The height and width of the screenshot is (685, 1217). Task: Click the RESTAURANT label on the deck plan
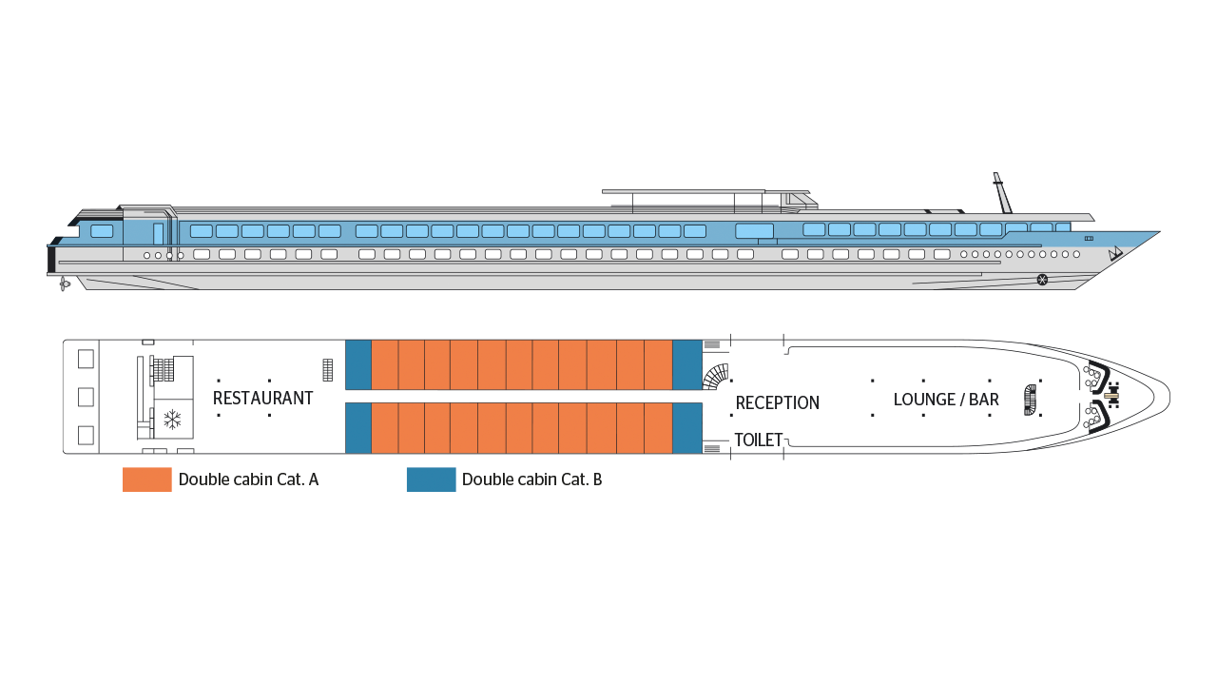click(263, 399)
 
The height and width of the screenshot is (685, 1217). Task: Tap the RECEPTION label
click(778, 402)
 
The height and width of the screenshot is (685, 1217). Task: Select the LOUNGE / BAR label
click(946, 400)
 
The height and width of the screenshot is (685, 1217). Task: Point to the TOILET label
click(759, 440)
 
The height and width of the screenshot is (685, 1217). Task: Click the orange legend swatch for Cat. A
click(147, 479)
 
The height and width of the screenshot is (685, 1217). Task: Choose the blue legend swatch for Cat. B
click(432, 479)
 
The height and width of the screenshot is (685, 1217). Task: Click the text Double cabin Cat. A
click(248, 479)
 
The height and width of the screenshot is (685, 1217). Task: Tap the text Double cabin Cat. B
click(531, 479)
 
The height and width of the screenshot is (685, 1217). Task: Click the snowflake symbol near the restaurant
click(172, 420)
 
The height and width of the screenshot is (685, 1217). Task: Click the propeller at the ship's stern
click(64, 284)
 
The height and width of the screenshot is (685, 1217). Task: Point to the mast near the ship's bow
click(1002, 193)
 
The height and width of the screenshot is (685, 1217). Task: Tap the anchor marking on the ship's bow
click(1115, 253)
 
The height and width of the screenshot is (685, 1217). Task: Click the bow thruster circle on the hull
click(1042, 280)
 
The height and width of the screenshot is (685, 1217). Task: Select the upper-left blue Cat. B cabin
click(358, 364)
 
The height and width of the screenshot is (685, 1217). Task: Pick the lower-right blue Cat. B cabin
click(687, 428)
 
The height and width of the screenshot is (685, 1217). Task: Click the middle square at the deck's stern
click(86, 398)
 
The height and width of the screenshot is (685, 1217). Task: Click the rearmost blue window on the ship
click(102, 231)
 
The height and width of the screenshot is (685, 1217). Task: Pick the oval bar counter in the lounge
click(1030, 401)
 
